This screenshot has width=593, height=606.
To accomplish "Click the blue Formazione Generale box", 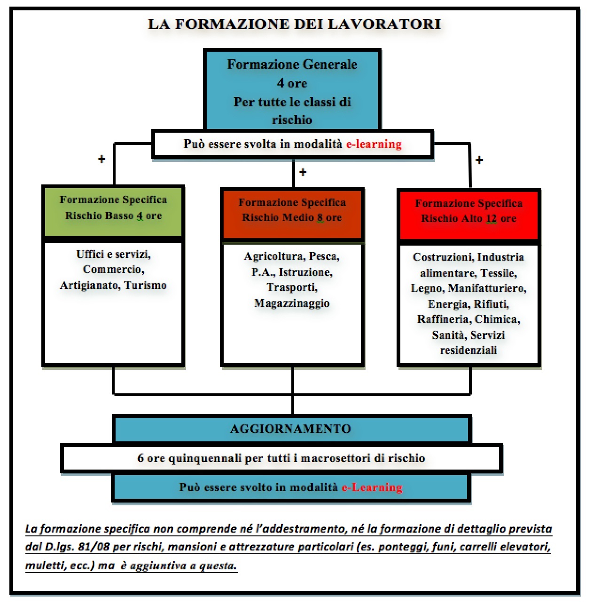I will tap(292, 89).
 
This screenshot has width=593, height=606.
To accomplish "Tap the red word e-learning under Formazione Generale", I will tap(374, 144).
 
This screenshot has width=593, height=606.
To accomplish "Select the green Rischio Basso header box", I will tap(113, 211).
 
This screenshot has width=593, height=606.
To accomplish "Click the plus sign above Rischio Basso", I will tap(101, 159).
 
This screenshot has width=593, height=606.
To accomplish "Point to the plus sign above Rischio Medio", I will tap(303, 172).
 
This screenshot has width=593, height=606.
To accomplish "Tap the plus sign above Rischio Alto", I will tap(479, 160).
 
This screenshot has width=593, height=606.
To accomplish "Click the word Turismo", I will tap(145, 285).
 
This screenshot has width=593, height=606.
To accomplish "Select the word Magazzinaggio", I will tap(292, 303).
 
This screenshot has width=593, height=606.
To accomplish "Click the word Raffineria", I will tap(444, 319).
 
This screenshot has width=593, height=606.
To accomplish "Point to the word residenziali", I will tap(468, 350).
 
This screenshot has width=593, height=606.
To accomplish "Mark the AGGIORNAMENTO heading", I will tap(290, 429).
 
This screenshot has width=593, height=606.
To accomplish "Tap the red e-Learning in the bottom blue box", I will tap(372, 487).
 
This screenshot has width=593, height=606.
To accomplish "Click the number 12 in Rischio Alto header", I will tap(491, 219).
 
